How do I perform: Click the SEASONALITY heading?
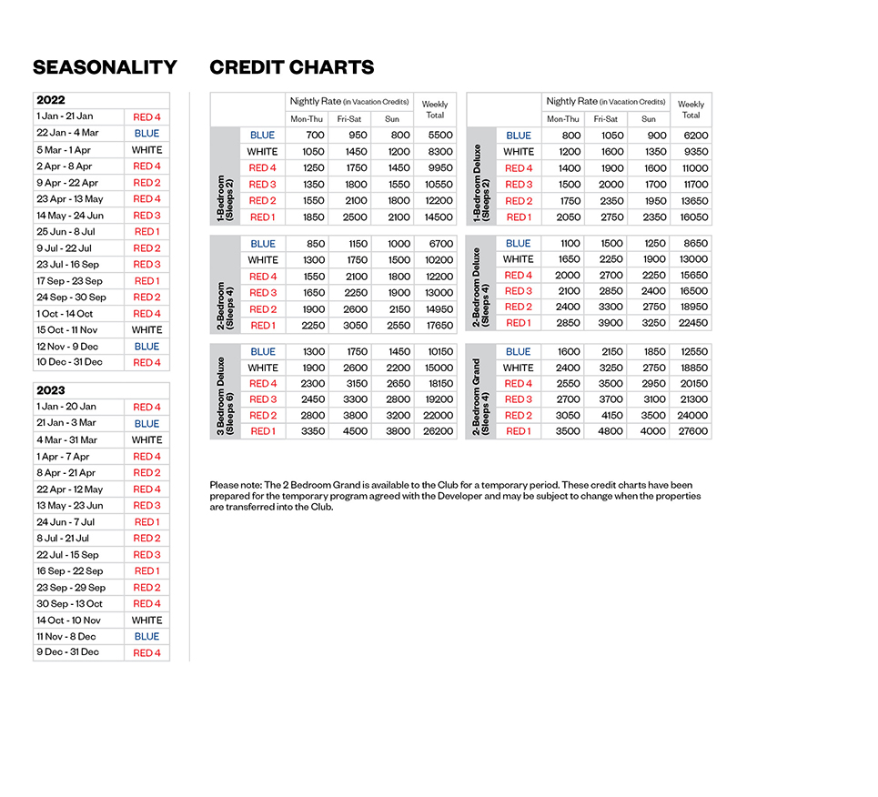(105, 67)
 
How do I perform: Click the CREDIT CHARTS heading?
(291, 67)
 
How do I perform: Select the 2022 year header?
(51, 101)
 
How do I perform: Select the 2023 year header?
(51, 390)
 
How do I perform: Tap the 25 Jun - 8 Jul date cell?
(66, 232)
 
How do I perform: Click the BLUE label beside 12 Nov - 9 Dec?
(146, 347)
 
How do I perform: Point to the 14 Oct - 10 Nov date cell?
(69, 620)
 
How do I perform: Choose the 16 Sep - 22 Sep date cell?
(70, 571)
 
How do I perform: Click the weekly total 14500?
(435, 217)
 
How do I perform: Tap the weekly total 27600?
(691, 431)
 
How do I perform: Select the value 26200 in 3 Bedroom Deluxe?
(435, 431)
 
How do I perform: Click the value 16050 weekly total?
(691, 217)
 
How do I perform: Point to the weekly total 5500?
(435, 136)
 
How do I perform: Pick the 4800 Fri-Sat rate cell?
(605, 431)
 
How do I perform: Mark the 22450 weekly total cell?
(691, 324)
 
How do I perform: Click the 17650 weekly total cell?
(435, 325)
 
